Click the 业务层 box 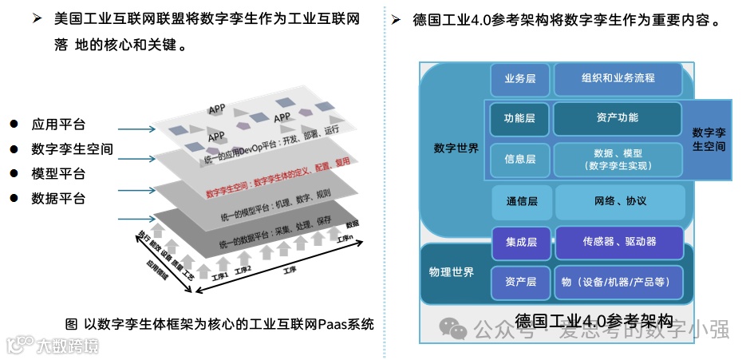519,79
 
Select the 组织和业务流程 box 618,79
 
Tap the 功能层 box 519,119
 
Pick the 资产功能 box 617,118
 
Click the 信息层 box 519,160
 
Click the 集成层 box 520,242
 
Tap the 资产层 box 520,282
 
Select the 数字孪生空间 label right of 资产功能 709,139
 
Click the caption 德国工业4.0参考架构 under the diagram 594,322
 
